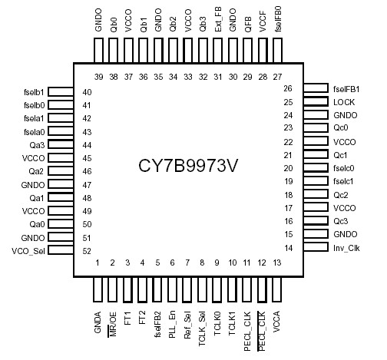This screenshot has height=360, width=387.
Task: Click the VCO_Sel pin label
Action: click(x=29, y=251)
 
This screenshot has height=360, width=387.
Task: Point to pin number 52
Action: click(x=87, y=251)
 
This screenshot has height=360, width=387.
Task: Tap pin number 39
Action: click(x=98, y=77)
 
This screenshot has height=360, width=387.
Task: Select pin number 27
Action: click(x=276, y=77)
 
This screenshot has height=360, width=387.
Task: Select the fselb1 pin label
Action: click(x=33, y=92)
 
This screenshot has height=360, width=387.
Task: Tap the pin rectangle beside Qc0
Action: click(x=316, y=128)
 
